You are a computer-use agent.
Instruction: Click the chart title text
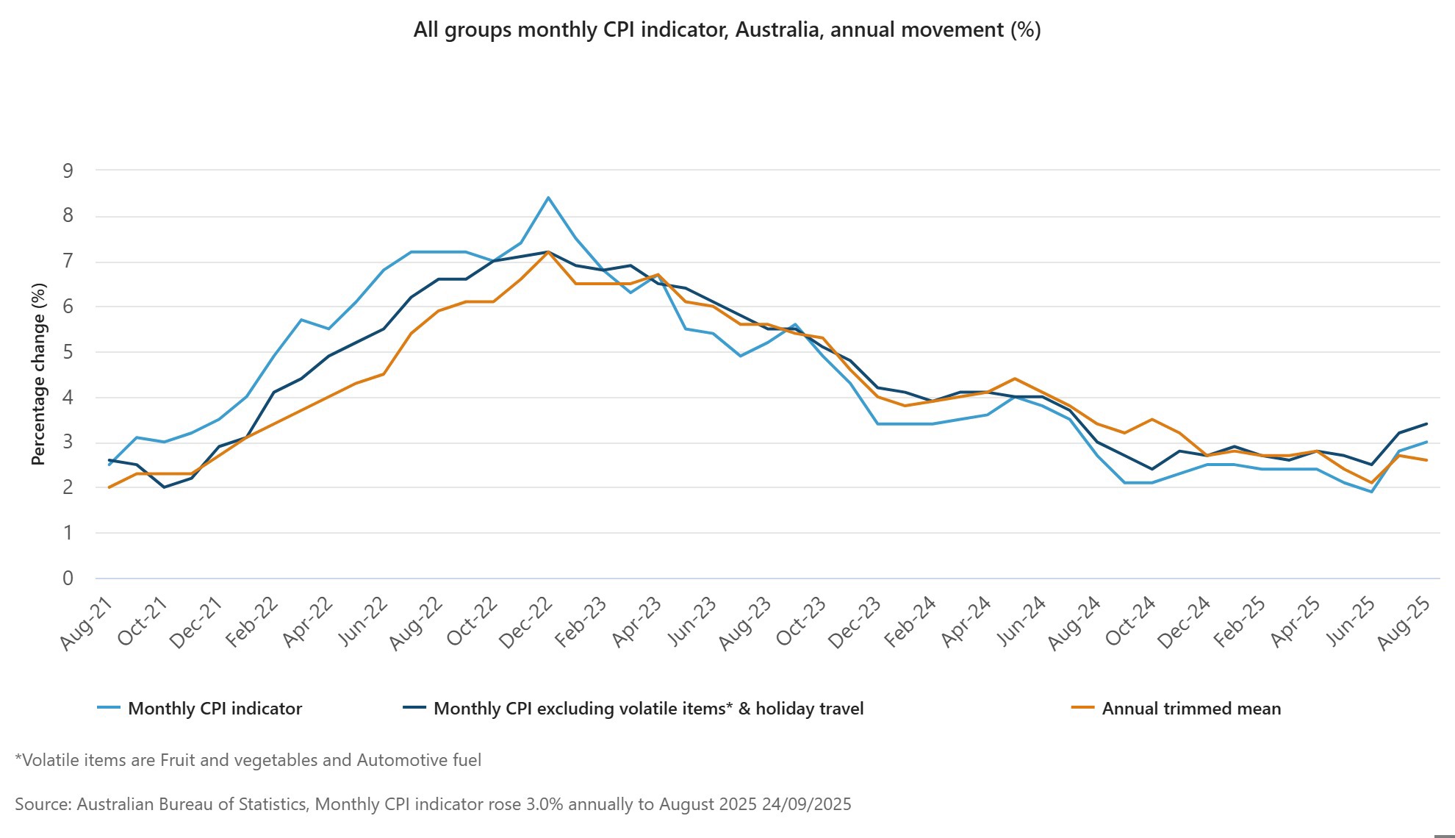[x=727, y=30]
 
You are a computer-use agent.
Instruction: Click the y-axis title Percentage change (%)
[x=38, y=373]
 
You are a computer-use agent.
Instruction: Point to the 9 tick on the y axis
[x=68, y=171]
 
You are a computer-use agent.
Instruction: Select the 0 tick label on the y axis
[x=68, y=579]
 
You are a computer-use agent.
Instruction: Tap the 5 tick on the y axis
[x=68, y=352]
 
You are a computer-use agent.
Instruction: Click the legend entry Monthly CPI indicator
[x=215, y=709]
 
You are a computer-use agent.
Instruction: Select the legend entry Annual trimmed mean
[x=1190, y=709]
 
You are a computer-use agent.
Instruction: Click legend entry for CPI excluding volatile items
[x=648, y=709]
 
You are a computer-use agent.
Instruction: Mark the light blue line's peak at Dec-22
[x=548, y=198]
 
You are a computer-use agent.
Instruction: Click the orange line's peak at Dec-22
[x=548, y=252]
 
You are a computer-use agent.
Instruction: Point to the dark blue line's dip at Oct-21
[x=164, y=487]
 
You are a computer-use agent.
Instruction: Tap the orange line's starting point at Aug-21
[x=109, y=487]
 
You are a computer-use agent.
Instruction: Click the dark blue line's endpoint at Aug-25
[x=1426, y=423]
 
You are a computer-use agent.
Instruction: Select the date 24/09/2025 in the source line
[x=806, y=804]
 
